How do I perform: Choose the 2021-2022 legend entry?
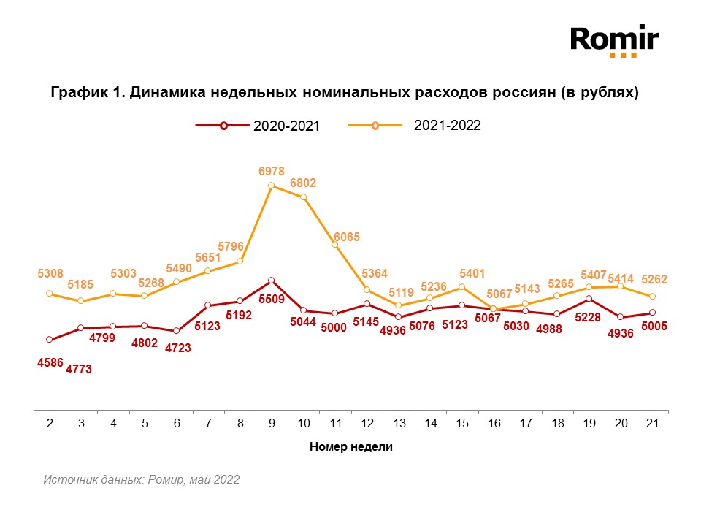[x=414, y=125]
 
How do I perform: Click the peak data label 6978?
[x=271, y=170]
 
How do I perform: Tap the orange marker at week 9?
[x=271, y=186]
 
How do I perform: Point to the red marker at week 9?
[x=271, y=281]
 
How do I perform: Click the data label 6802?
[x=303, y=183]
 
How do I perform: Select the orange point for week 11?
[x=335, y=245]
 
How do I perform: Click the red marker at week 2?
[x=49, y=340]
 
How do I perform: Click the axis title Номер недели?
[x=350, y=447]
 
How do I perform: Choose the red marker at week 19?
[x=589, y=299]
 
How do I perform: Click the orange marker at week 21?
[x=652, y=296]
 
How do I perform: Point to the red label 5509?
[x=271, y=299]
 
